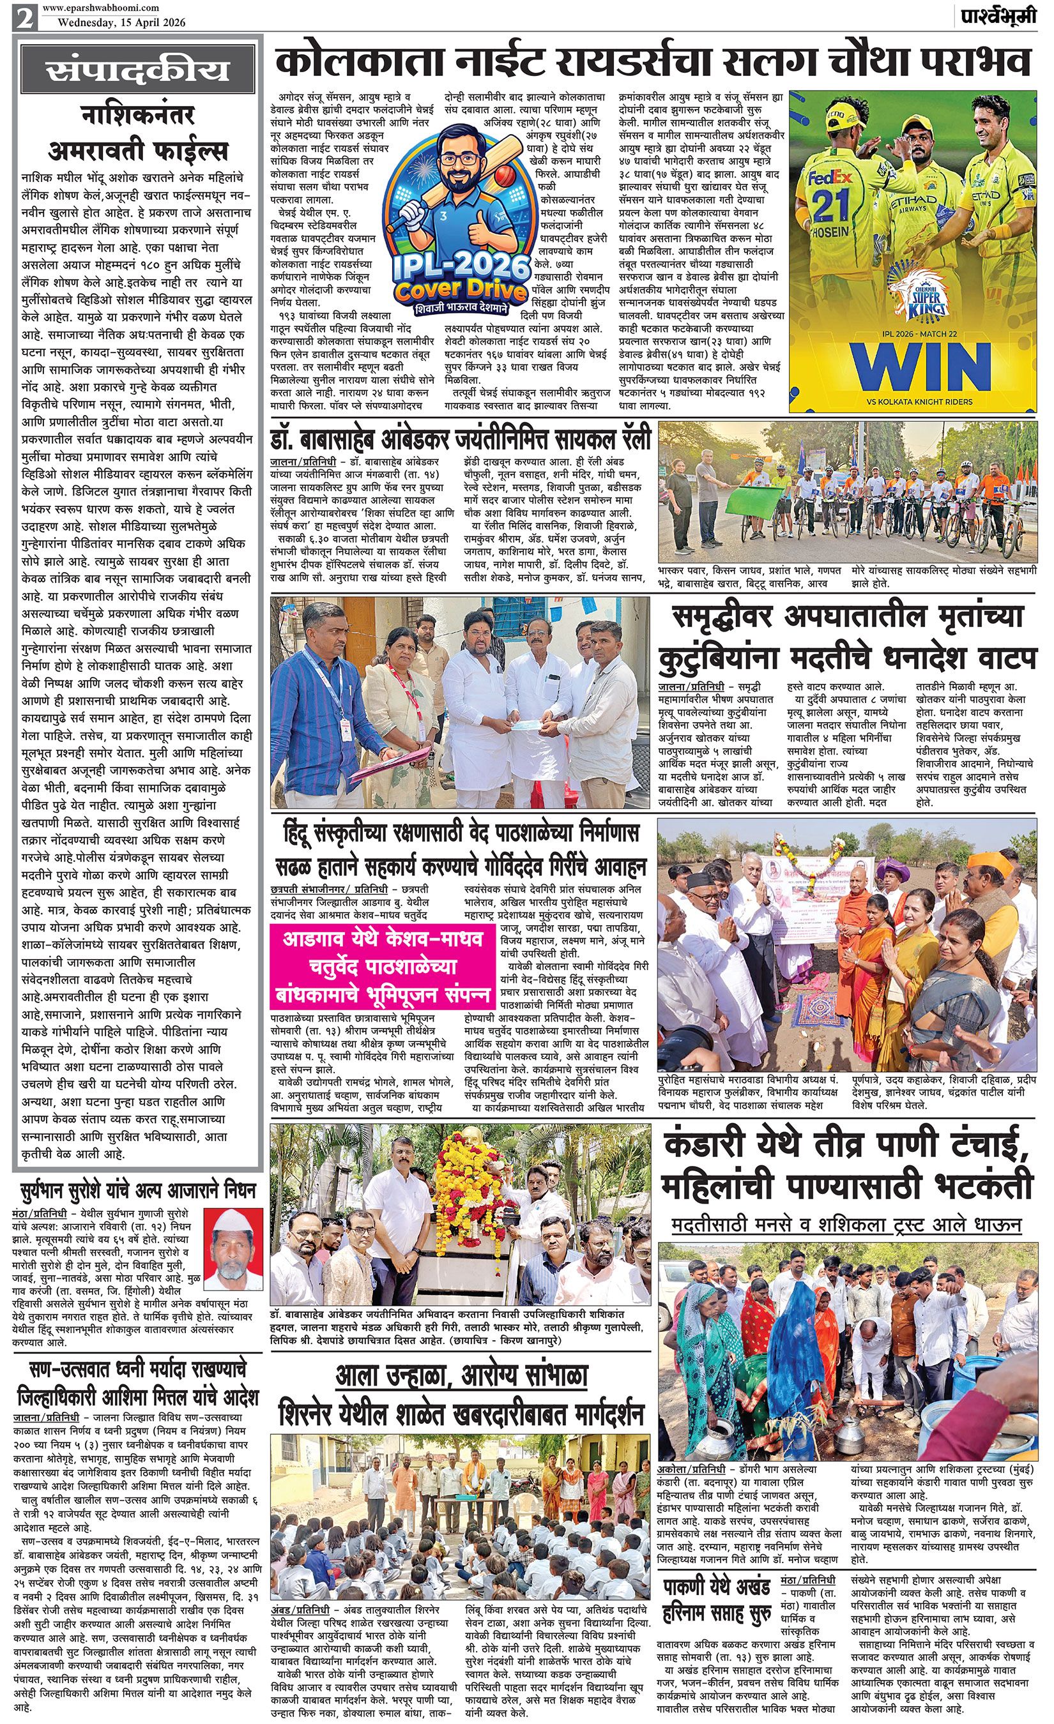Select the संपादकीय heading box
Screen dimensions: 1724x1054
pos(137,72)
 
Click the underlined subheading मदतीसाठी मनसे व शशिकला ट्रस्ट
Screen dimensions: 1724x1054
pos(846,1225)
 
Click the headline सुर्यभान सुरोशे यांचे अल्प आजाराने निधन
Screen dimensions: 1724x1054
pos(137,1190)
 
